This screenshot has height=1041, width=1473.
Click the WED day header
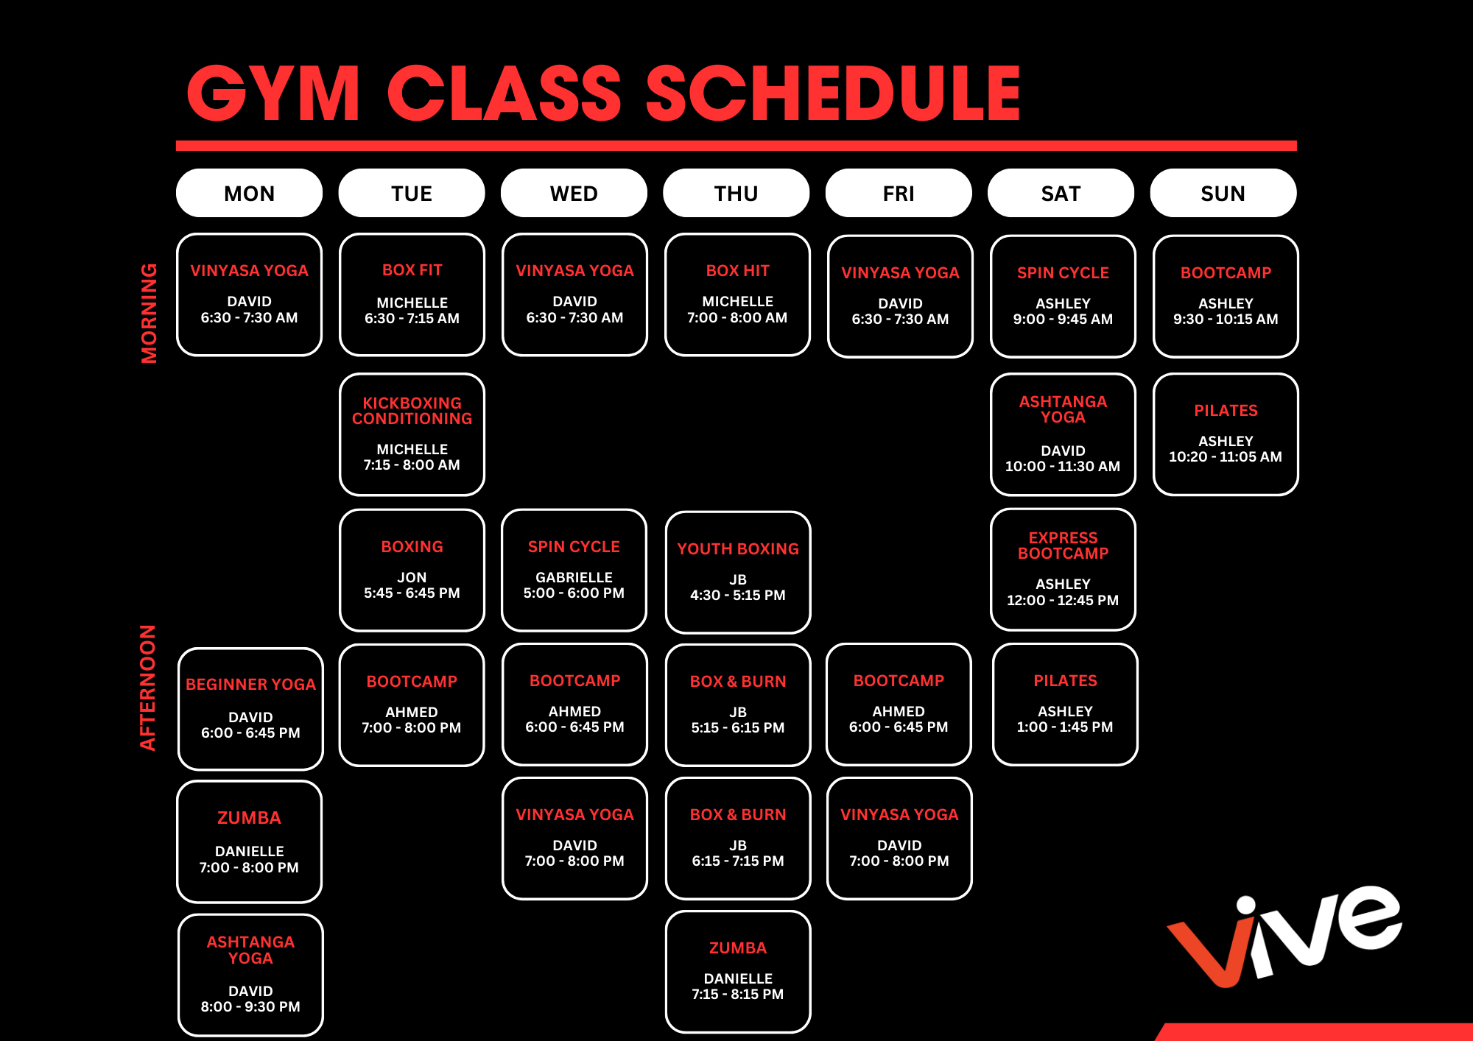pos(574,193)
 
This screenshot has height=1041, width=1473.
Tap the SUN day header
pos(1223,193)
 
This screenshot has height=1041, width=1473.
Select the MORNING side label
pos(149,313)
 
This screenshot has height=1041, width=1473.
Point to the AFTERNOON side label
pos(148,688)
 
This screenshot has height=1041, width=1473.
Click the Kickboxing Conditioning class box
pos(412,434)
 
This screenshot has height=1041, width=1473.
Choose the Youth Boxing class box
pos(738,572)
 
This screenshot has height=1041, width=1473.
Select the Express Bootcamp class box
pos(1063,569)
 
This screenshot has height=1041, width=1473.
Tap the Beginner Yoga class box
pos(250,709)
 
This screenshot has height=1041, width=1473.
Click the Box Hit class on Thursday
pos(737,294)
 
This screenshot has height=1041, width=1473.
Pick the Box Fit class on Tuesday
pos(412,294)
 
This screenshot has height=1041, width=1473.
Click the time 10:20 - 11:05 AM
pos(1226,456)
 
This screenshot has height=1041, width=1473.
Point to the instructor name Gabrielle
pos(574,577)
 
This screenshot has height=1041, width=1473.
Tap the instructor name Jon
pos(412,577)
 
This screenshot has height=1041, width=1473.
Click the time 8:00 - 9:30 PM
pos(250,1006)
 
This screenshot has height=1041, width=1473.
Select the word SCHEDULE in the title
pos(833,93)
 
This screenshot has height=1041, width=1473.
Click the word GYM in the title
pos(273,93)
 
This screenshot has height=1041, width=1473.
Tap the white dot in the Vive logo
pos(1245,906)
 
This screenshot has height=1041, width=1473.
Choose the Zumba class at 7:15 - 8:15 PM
pos(738,972)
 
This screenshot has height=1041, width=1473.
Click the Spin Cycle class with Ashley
pos(1063,296)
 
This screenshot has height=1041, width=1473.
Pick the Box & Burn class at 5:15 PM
pos(738,705)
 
